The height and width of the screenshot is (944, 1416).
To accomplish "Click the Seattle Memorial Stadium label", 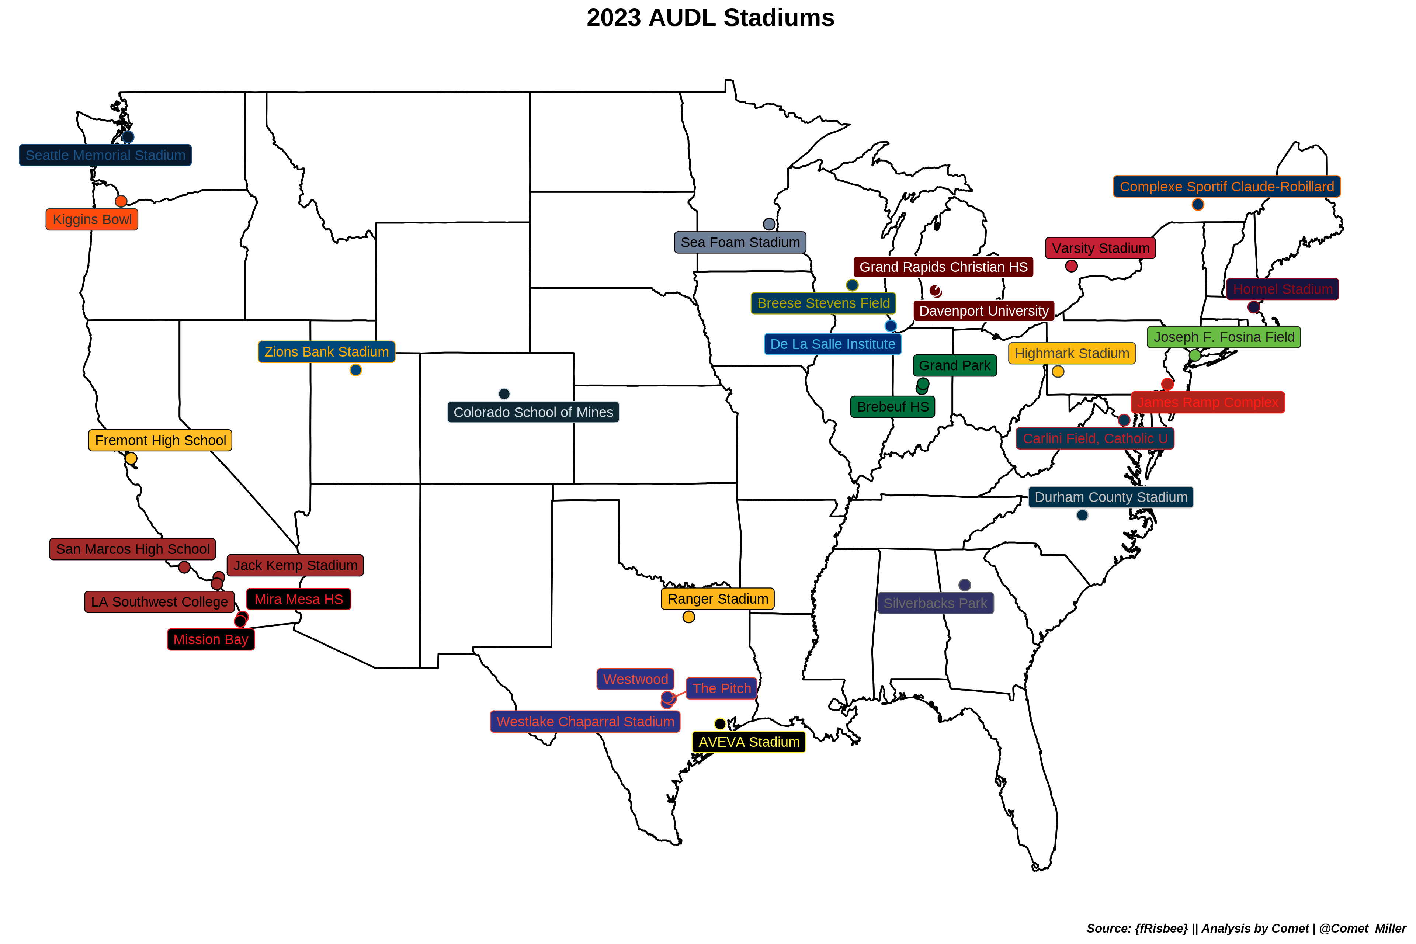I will click(105, 155).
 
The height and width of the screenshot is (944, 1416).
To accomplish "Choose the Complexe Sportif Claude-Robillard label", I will click(1226, 187).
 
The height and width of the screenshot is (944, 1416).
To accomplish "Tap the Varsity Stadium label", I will click(1100, 248).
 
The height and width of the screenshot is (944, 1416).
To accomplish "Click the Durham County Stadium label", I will click(1111, 497).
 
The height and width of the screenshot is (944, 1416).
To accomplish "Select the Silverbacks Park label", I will click(935, 603).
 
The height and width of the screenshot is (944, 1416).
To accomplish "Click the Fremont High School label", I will click(160, 441).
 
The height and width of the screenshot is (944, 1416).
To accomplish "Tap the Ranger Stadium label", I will click(718, 599).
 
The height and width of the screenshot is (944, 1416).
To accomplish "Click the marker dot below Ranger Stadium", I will click(689, 617).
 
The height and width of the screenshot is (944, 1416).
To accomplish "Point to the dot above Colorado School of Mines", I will click(504, 394).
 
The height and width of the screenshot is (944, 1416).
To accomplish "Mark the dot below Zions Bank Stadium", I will click(356, 370).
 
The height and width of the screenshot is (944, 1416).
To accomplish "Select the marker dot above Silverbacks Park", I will click(965, 585).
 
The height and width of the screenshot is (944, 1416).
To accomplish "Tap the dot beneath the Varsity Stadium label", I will click(1071, 266).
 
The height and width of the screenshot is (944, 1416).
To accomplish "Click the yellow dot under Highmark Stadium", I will click(1058, 371).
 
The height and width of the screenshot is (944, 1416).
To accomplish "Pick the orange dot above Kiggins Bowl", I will click(121, 201).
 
